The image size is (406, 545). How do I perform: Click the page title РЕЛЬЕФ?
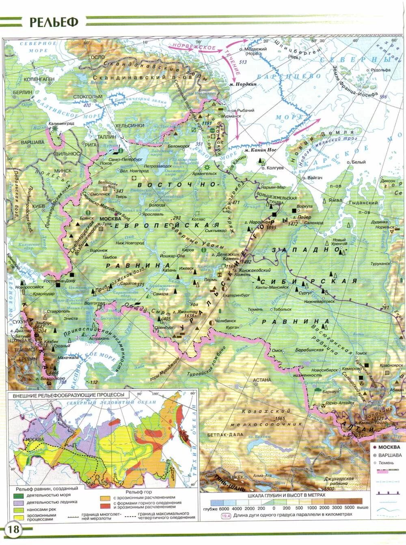tap(53, 22)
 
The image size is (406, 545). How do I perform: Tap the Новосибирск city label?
tap(324, 370)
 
